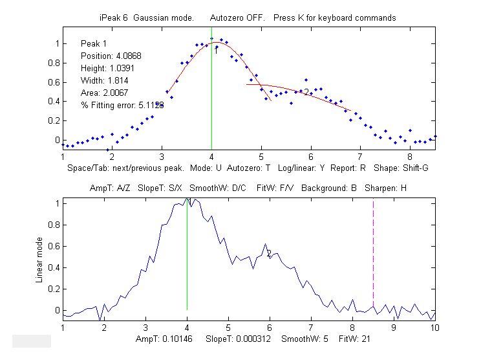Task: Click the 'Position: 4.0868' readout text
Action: point(111,56)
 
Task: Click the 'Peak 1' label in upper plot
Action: point(95,43)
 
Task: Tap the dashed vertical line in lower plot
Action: point(373,259)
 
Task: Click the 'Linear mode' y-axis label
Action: point(40,258)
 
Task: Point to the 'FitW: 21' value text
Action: point(353,339)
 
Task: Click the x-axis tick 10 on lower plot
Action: point(435,328)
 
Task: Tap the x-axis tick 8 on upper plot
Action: point(410,157)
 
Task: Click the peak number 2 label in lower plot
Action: point(268,254)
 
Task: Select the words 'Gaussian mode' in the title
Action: point(164,17)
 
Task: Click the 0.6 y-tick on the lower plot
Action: point(54,246)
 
